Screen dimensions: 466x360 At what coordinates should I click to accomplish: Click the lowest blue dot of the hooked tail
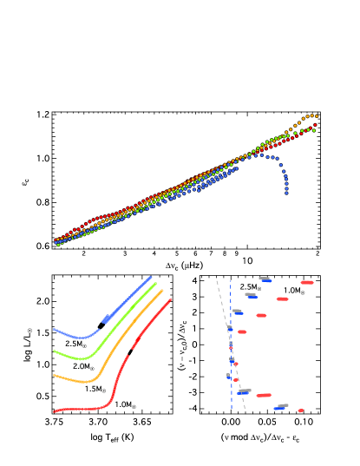(x=286, y=193)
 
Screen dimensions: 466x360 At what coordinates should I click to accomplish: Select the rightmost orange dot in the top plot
(x=316, y=116)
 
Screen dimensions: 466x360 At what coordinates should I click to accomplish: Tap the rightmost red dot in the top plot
(x=314, y=125)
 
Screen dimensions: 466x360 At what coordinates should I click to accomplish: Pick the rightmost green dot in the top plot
(x=291, y=134)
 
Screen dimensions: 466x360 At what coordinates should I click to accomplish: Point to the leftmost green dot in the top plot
(x=58, y=245)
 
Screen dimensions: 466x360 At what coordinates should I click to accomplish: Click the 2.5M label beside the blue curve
(x=75, y=344)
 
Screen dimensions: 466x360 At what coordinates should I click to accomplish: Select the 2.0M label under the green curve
(x=83, y=366)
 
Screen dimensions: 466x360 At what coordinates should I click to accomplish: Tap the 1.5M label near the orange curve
(x=95, y=389)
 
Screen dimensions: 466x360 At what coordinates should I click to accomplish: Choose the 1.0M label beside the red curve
(x=125, y=404)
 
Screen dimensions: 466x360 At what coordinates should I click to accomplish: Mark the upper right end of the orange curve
(x=163, y=291)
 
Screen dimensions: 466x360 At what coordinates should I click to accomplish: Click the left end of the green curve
(x=54, y=351)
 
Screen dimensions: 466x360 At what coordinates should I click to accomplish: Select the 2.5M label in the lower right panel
(x=250, y=286)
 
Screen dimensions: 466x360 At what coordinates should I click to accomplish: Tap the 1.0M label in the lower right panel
(x=294, y=291)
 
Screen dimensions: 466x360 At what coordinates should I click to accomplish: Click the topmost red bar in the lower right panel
(x=307, y=282)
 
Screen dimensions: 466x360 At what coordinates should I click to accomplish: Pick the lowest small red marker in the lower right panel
(x=300, y=410)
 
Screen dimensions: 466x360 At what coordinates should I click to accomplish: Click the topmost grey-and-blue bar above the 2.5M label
(x=265, y=279)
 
